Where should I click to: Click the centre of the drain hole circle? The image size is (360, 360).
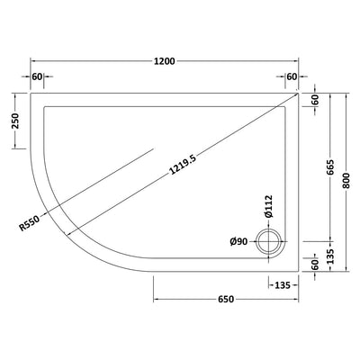[x=268, y=240]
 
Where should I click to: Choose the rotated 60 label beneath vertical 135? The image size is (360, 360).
[x=316, y=265]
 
